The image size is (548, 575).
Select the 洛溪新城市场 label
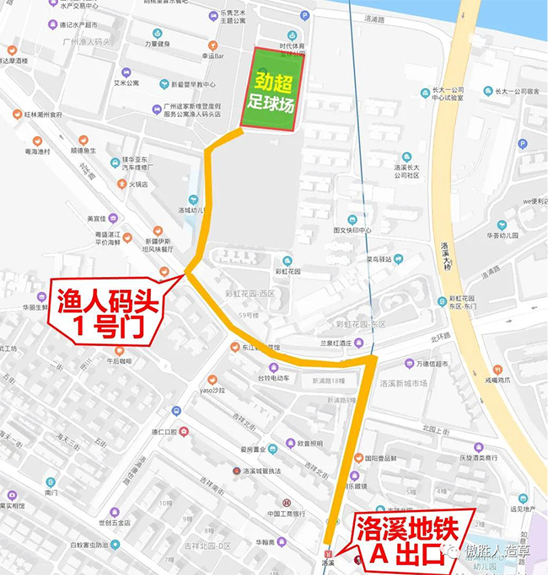[404, 383]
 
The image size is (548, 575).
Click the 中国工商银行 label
[287, 514]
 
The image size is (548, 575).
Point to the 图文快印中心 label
[352, 229]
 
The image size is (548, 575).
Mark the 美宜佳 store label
[99, 219]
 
